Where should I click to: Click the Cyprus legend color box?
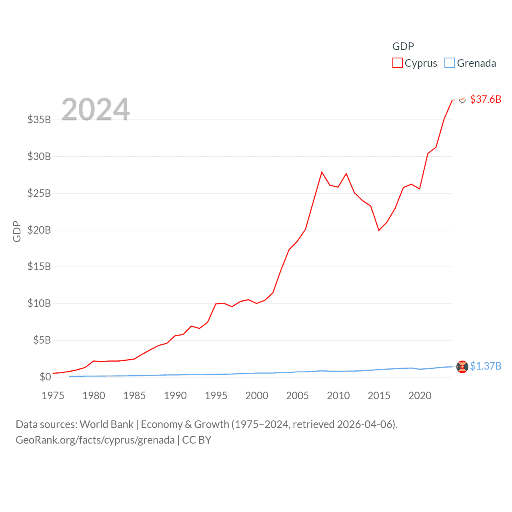click(x=397, y=63)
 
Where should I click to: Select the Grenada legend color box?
click(x=450, y=63)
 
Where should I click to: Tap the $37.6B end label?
click(x=486, y=99)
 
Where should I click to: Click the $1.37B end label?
click(x=486, y=366)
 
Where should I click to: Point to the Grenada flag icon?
click(x=462, y=366)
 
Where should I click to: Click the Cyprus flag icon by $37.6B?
click(x=462, y=100)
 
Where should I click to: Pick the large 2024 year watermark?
click(x=95, y=109)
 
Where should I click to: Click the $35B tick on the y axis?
click(x=39, y=120)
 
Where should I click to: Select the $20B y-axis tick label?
click(x=39, y=230)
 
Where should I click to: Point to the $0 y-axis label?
click(x=45, y=377)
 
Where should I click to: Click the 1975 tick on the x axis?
click(x=53, y=396)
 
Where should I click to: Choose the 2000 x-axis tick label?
click(x=257, y=396)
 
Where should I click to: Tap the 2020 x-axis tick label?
click(x=420, y=396)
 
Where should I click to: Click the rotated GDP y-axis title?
click(x=17, y=231)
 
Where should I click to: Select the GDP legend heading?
click(x=403, y=46)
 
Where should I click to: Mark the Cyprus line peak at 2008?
click(x=322, y=172)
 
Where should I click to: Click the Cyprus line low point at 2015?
click(x=379, y=230)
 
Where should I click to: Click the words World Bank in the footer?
click(x=107, y=424)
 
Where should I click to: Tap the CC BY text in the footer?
click(x=196, y=440)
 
